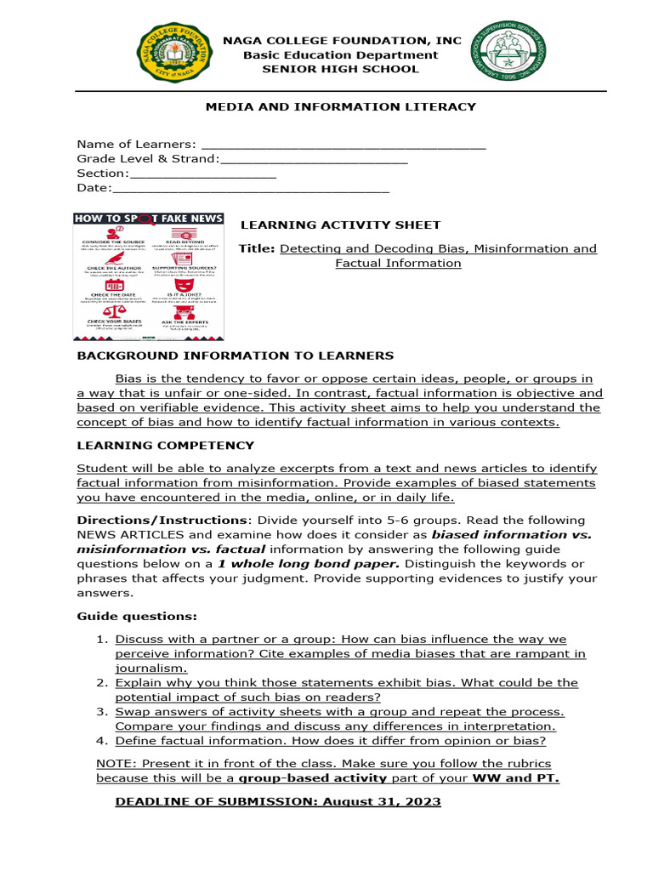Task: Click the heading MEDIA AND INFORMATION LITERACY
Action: [341, 106]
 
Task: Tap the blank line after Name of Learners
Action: [343, 145]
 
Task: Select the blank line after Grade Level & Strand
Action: [314, 160]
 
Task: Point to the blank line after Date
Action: [251, 189]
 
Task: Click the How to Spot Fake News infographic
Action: [148, 276]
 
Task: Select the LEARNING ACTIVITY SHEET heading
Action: [341, 225]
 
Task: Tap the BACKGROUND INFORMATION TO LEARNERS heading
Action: [236, 356]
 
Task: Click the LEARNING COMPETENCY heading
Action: [165, 445]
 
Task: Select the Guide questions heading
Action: [137, 616]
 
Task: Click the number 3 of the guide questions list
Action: [100, 711]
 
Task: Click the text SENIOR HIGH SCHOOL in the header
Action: [340, 69]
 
